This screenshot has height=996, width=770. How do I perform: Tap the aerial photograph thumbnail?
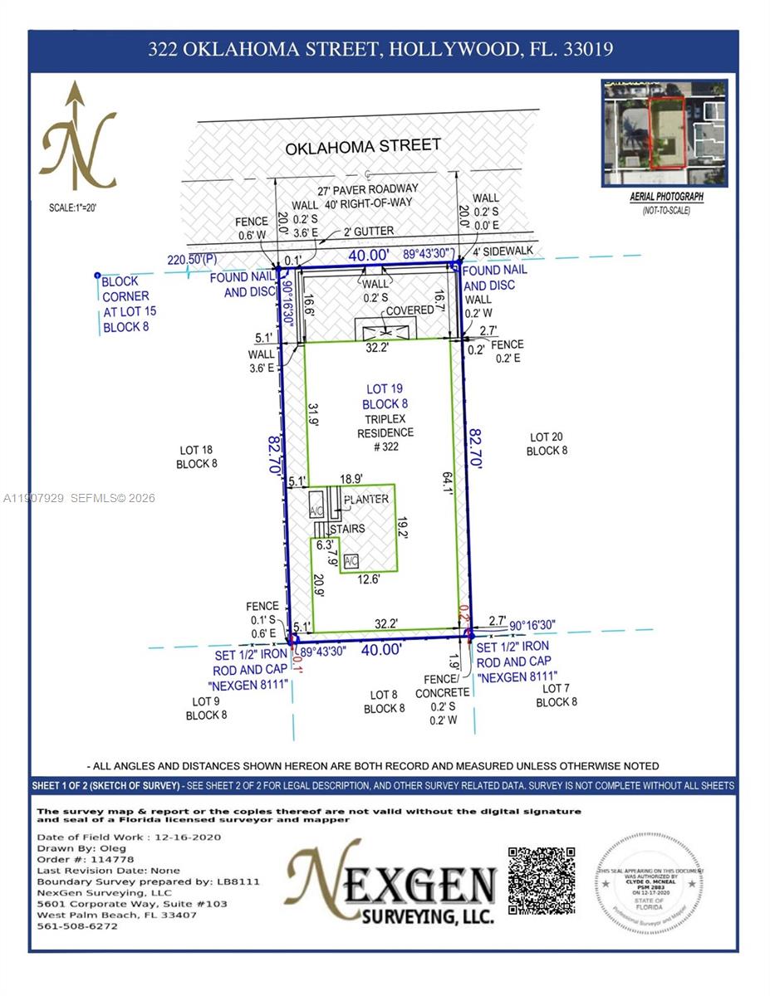(x=664, y=133)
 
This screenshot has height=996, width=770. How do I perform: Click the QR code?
(x=542, y=881)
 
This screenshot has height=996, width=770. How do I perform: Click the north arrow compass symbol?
(x=79, y=137)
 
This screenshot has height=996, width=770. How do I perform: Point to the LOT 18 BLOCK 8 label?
(x=197, y=457)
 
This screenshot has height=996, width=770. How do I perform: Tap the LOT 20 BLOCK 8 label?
(x=547, y=444)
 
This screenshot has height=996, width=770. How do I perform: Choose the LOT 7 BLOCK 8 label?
(x=556, y=696)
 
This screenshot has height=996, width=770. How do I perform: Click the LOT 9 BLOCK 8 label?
(x=206, y=708)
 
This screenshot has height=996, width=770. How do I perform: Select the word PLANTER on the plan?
(x=366, y=499)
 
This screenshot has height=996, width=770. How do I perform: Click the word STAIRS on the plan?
(x=347, y=528)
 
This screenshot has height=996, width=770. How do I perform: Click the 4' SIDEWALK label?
(x=503, y=251)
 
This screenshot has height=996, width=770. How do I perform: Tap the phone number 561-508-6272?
(x=77, y=926)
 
